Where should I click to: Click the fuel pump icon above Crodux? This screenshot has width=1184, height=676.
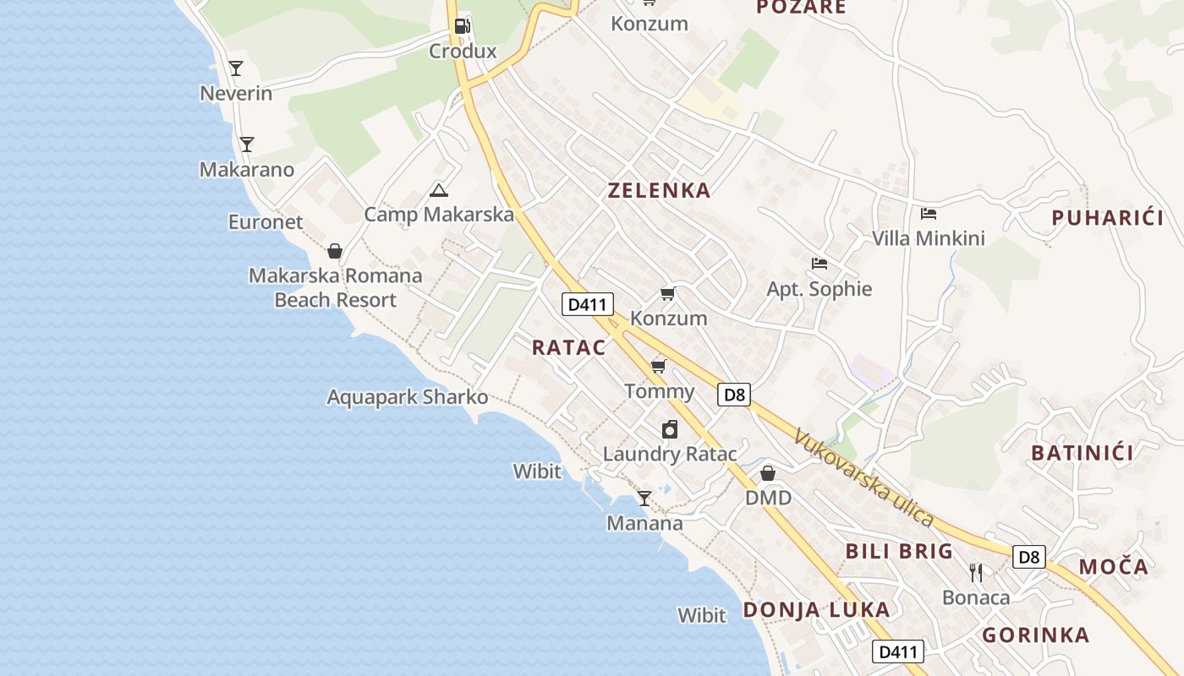(x=462, y=25)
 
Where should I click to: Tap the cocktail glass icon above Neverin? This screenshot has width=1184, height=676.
(x=236, y=68)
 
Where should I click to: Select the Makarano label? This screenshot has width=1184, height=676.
(x=247, y=169)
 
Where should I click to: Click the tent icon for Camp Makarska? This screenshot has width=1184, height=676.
(x=438, y=190)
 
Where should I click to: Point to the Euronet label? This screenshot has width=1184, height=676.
(x=266, y=221)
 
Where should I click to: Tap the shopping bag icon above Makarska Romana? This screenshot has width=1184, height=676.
(x=335, y=251)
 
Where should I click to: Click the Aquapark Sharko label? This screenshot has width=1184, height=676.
(x=408, y=397)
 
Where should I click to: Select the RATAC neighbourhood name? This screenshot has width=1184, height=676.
(x=569, y=347)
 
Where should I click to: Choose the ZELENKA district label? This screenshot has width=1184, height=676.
(x=659, y=190)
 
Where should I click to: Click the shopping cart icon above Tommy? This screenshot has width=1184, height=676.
(x=659, y=366)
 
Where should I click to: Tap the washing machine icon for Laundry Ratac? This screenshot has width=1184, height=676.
(x=670, y=429)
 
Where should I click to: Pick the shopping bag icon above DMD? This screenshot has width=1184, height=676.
(x=768, y=473)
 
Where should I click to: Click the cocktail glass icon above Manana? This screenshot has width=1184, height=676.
(x=644, y=499)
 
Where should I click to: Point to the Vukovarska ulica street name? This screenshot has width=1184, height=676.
(x=863, y=477)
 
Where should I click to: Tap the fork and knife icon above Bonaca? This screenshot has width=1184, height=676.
(x=976, y=572)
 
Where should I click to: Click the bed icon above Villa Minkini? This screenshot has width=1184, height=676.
(x=929, y=213)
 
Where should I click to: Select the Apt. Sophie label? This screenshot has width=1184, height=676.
(x=819, y=289)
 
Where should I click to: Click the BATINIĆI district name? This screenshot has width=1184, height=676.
(x=1082, y=453)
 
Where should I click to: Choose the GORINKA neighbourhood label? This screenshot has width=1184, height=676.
(x=1035, y=635)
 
